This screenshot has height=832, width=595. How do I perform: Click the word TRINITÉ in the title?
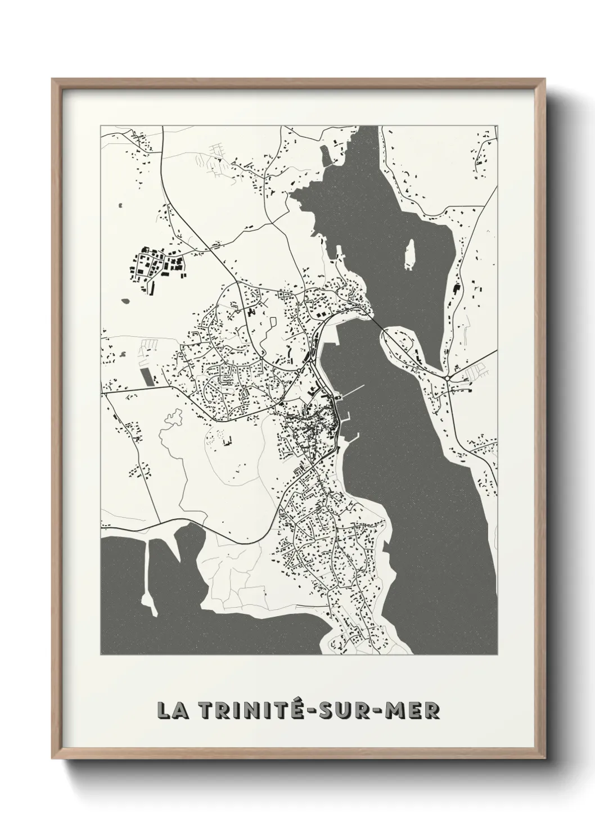256,710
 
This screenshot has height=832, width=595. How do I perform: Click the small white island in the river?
410,254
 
